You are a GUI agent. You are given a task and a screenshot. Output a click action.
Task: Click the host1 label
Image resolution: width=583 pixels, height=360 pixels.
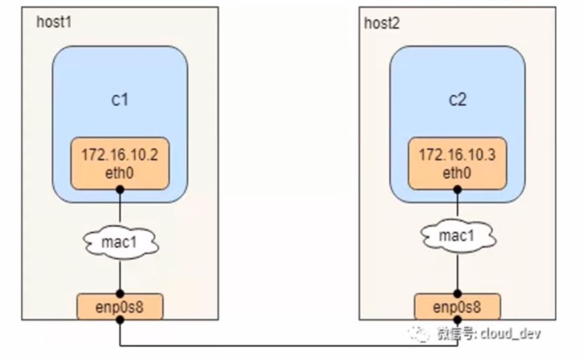click(54, 20)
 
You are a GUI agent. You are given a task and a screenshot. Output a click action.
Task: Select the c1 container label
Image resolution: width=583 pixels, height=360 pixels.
click(120, 101)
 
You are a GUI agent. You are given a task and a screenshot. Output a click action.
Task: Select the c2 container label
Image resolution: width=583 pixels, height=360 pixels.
click(457, 101)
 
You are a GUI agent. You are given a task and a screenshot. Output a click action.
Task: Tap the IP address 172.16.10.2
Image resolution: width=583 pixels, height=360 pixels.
click(120, 156)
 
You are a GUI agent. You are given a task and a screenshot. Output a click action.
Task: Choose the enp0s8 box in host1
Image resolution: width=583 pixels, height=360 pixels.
click(120, 307)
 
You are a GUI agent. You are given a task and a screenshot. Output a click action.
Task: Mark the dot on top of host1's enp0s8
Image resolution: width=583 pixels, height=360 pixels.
click(120, 294)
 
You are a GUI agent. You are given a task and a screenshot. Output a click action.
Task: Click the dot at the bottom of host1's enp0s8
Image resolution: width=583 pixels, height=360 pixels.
click(120, 320)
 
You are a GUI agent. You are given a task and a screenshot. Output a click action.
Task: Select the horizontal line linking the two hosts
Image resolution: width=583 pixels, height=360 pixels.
click(289, 347)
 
